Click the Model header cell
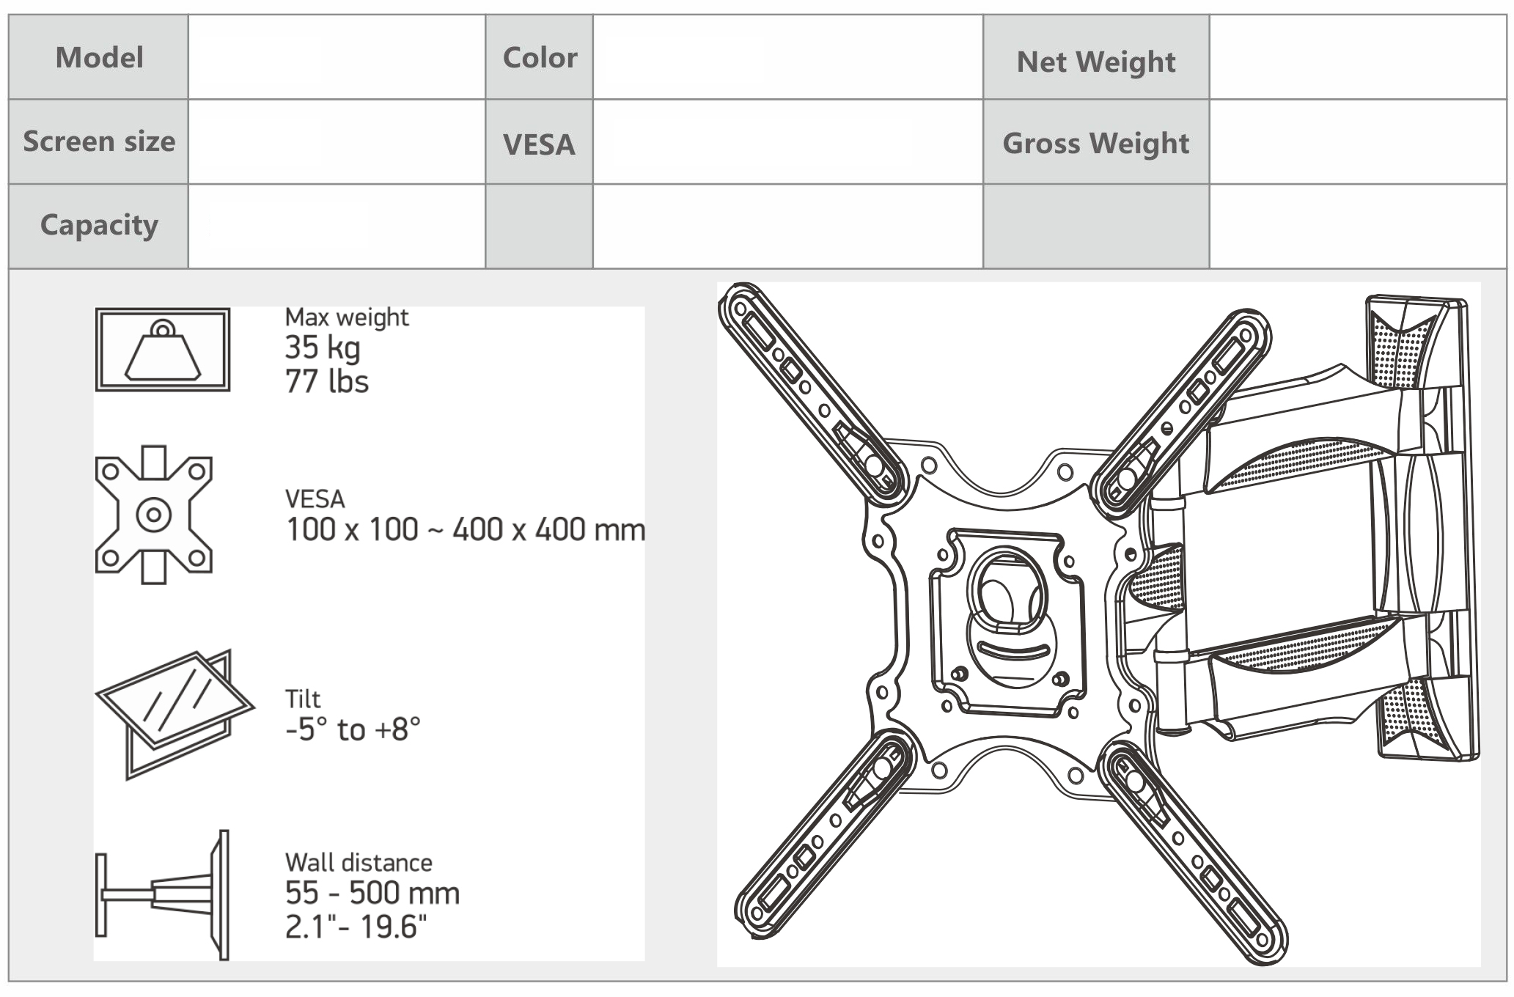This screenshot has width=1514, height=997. point(99,57)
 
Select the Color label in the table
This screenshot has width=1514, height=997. point(540,57)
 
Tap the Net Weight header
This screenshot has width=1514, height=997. point(1096,62)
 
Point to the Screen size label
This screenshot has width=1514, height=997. point(99,141)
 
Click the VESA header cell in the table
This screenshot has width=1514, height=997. point(539,144)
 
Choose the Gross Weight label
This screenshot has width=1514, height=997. point(1096,144)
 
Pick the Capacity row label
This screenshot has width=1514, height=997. point(99,225)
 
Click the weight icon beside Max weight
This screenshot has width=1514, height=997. point(163,350)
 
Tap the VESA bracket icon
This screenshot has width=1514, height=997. point(154,514)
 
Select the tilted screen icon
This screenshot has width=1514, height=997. point(174,714)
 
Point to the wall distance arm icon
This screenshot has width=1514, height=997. point(162,894)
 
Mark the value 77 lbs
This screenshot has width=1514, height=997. point(327,382)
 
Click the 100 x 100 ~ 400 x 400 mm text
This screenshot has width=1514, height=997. point(466,529)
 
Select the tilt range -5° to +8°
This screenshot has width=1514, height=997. point(353,729)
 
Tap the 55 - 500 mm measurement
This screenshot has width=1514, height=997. point(372,893)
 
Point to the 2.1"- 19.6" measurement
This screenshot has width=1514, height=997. point(356,927)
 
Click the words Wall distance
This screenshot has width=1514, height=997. point(359,862)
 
